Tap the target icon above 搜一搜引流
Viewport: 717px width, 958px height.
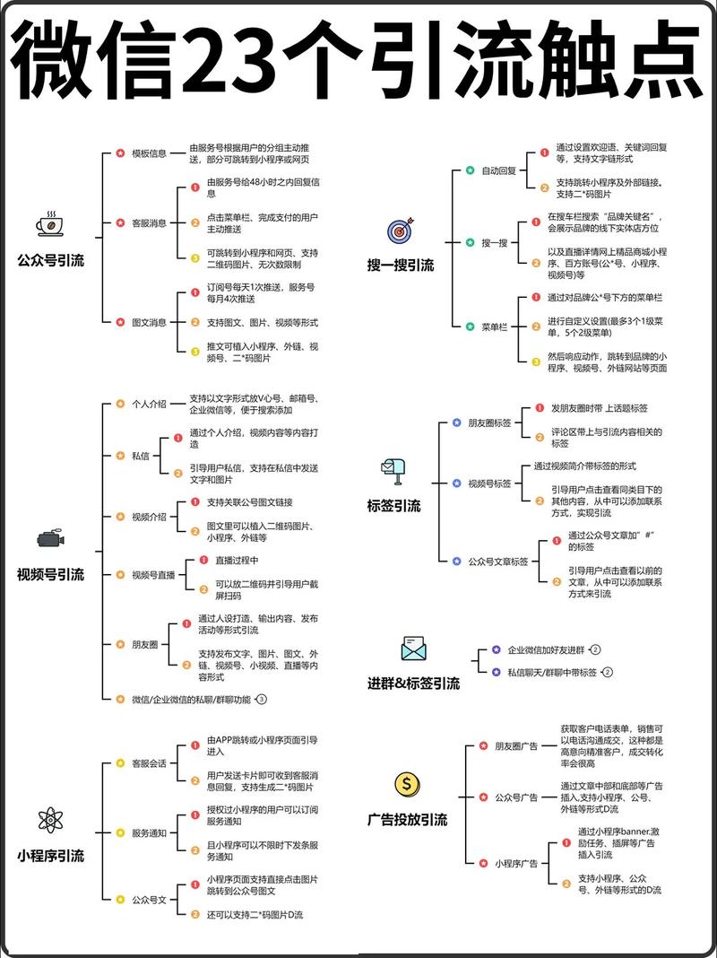pos(400,231)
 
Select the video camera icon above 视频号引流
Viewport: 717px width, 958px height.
pos(50,538)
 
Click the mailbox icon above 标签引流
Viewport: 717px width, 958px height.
pos(393,470)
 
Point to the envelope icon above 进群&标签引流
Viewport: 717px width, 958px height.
pos(413,649)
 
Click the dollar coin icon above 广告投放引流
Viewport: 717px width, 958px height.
pos(407,785)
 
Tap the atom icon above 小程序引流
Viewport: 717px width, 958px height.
pos(50,819)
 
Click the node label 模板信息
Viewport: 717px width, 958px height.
pos(149,153)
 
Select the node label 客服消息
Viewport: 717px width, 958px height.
pos(149,222)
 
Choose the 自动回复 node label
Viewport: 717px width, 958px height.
pos(498,170)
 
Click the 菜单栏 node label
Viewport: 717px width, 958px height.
pos(495,327)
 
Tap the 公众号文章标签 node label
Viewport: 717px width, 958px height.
pos(498,562)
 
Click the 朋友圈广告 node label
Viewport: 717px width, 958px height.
pos(516,745)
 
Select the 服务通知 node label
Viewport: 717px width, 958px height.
pos(149,833)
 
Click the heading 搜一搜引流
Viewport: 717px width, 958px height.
pos(400,266)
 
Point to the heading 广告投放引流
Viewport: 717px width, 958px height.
pos(407,820)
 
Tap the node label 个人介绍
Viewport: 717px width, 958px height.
pos(149,405)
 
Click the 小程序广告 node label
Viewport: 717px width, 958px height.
pos(516,864)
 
